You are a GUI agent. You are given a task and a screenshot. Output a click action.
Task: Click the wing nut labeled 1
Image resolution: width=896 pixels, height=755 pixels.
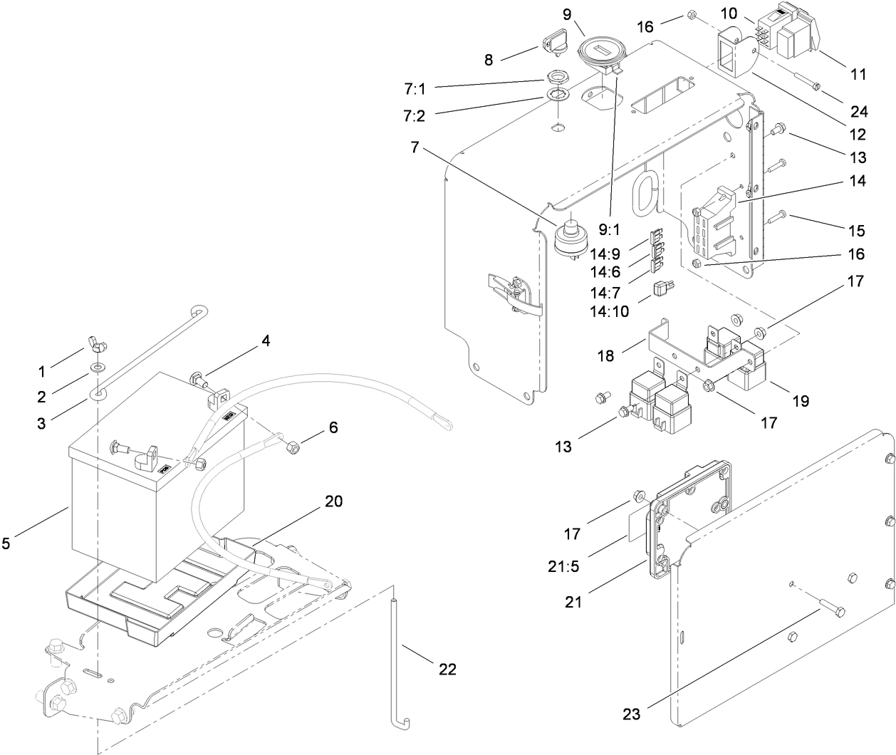(x=97, y=344)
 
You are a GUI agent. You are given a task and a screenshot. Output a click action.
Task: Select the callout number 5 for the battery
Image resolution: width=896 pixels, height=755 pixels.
(x=6, y=544)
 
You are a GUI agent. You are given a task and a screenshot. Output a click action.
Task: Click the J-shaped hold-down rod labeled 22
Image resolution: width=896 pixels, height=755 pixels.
(x=394, y=662)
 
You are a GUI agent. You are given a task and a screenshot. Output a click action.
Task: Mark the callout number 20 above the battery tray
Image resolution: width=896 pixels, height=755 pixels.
(x=334, y=501)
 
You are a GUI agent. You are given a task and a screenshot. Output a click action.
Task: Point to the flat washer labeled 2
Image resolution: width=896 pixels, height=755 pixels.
(x=95, y=370)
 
